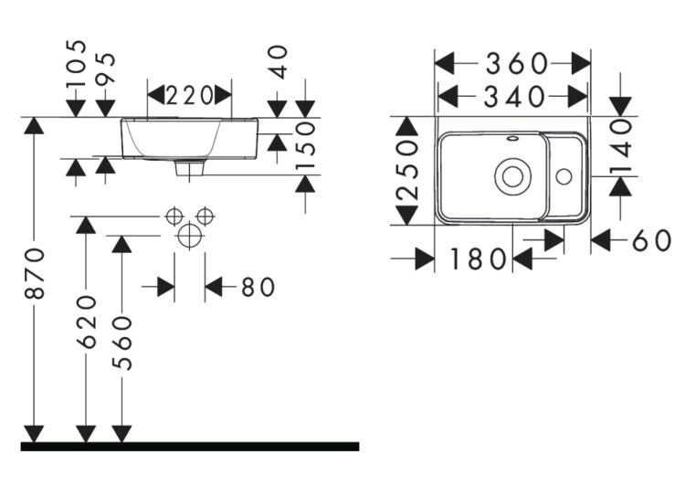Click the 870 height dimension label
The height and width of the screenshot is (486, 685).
click(35, 273)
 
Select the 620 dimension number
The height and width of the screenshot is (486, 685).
click(87, 321)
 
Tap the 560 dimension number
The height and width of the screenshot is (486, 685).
click(121, 343)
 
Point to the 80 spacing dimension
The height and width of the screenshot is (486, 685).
click(258, 288)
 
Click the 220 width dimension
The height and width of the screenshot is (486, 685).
click(189, 94)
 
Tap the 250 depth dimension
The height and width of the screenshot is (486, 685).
click(407, 171)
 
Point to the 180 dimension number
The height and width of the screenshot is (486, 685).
click(477, 260)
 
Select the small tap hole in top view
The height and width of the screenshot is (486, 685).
click(564, 174)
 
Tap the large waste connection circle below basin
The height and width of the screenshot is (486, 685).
click(189, 236)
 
